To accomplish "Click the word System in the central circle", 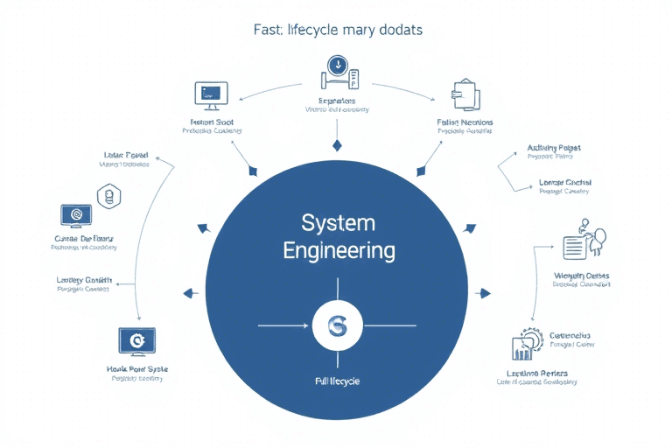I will [x=337, y=221].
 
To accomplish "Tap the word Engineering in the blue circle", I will [x=338, y=251].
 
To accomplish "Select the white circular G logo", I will [x=336, y=327].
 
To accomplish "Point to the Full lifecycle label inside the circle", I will [x=337, y=381].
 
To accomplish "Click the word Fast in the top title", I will [x=269, y=30].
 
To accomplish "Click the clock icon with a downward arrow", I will [x=336, y=66].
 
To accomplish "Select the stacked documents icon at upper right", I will [x=465, y=95].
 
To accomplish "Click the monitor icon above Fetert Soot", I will [x=211, y=93].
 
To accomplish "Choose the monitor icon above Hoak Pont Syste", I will [x=136, y=340].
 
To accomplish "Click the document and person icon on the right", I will [x=584, y=241].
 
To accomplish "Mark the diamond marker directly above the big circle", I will [x=336, y=145].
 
